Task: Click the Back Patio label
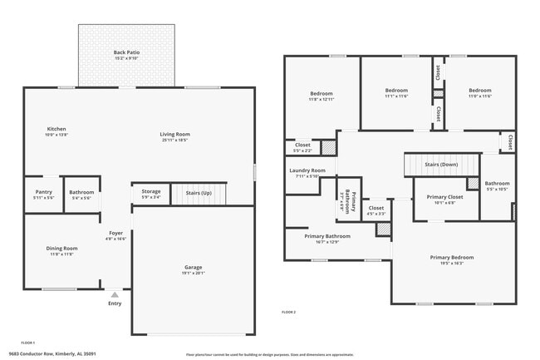tap(127, 53)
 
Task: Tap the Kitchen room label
tap(56, 129)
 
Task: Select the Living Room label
tap(175, 134)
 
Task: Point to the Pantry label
tap(43, 192)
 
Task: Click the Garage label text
tap(193, 267)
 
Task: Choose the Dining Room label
tap(61, 248)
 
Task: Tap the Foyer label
tap(116, 234)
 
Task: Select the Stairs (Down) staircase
tap(442, 165)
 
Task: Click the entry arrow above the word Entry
tap(115, 294)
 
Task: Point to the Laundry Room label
tap(307, 171)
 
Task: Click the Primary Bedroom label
tap(451, 257)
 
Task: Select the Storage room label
tap(150, 192)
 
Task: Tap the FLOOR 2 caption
tap(289, 312)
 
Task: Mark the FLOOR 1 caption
tap(27, 343)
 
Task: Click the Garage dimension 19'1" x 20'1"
tap(193, 273)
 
